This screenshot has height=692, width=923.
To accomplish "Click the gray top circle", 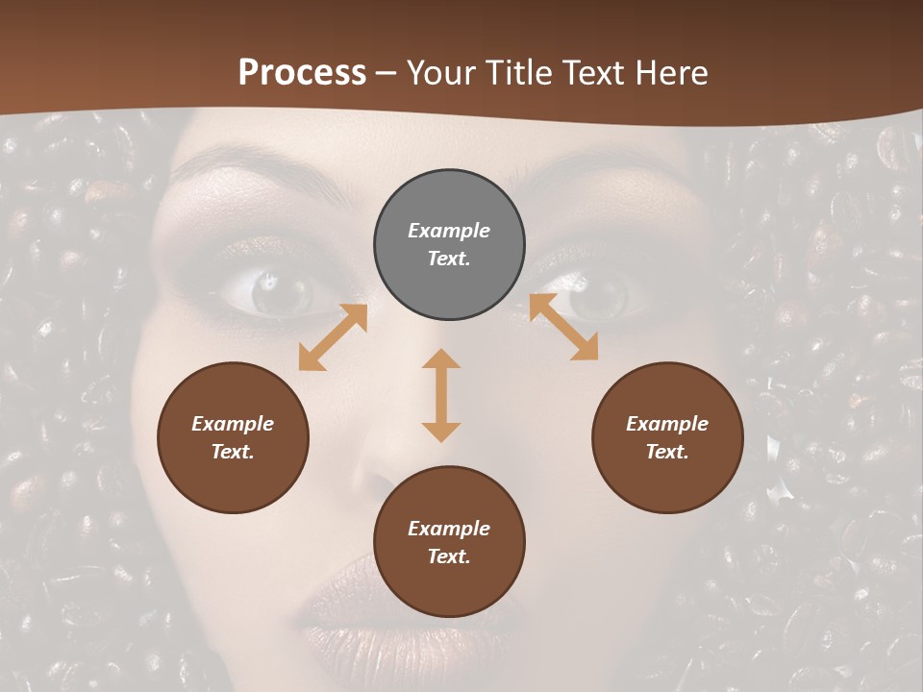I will (449, 245).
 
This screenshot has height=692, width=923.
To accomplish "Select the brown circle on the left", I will (233, 438).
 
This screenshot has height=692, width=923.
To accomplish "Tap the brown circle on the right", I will (667, 438).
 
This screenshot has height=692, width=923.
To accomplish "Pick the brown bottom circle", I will (449, 542).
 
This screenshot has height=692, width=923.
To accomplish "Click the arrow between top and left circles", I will (333, 337).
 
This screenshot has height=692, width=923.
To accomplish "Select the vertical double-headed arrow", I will (441, 395).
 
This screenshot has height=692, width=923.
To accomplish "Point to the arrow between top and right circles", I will (563, 327).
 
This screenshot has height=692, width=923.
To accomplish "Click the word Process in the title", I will (302, 72).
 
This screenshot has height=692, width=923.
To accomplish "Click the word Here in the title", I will (669, 72).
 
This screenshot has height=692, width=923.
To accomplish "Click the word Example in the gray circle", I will (449, 231).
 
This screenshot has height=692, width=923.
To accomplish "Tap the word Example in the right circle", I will (667, 424).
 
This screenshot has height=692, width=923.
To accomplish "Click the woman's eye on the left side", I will (273, 290).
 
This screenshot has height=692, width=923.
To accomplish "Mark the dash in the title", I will (386, 73).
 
